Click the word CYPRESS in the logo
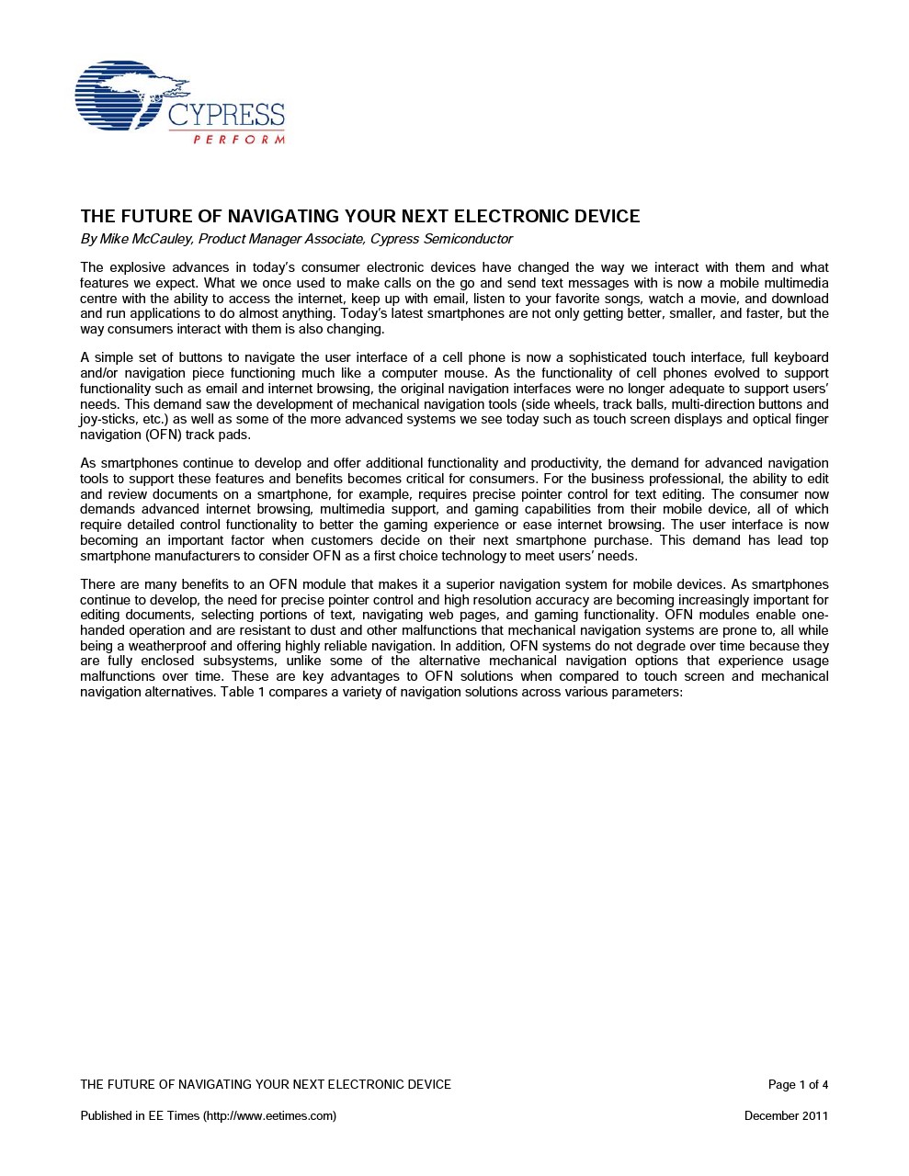tap(226, 115)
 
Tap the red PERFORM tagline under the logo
tap(239, 140)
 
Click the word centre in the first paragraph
tap(98, 299)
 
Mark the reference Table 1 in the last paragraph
tap(242, 692)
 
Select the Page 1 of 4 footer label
tap(798, 1085)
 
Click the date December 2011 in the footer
tap(786, 1116)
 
